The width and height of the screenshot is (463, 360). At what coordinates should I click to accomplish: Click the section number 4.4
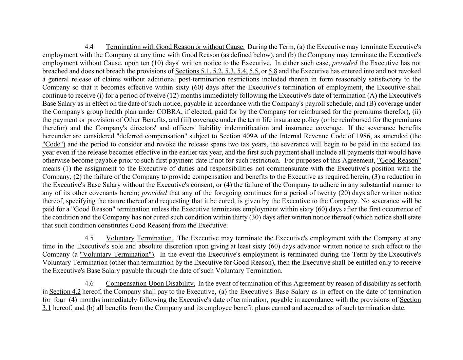click(x=89, y=47)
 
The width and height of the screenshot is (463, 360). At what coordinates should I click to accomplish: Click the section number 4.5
click(x=89, y=238)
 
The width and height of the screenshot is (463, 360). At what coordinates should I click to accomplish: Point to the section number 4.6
click(x=89, y=283)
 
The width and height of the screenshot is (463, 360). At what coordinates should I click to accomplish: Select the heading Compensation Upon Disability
click(x=150, y=283)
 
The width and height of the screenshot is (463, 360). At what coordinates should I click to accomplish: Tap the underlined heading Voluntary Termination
click(x=139, y=238)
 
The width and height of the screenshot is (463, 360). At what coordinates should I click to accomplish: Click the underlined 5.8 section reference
click(x=273, y=71)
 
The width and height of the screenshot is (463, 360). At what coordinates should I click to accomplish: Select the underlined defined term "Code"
click(x=54, y=144)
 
